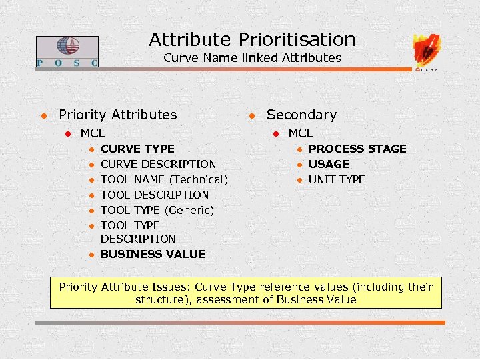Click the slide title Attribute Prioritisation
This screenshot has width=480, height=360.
click(x=252, y=39)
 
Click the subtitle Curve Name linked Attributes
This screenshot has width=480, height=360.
click(x=252, y=58)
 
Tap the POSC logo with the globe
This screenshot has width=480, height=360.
click(x=67, y=51)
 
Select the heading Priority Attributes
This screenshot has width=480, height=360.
click(x=118, y=115)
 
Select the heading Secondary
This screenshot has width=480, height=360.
click(x=301, y=115)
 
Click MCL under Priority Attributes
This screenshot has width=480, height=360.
click(x=92, y=133)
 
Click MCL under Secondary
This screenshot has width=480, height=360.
click(x=300, y=133)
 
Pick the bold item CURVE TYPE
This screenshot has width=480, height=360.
click(x=137, y=149)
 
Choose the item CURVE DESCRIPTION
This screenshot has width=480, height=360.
click(x=158, y=164)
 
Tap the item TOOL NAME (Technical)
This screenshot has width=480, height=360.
click(x=164, y=179)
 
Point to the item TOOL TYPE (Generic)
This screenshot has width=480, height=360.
click(x=157, y=210)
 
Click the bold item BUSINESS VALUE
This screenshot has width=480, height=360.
click(x=153, y=254)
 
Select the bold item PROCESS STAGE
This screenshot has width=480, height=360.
click(x=357, y=149)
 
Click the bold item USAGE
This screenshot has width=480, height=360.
click(x=329, y=164)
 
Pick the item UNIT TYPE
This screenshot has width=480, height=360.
click(x=337, y=179)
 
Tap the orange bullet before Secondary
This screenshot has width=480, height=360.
click(x=252, y=115)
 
